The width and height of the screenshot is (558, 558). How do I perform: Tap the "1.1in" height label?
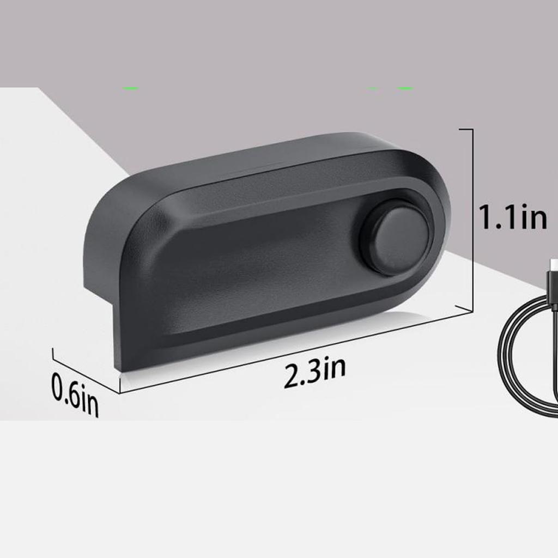(512, 217)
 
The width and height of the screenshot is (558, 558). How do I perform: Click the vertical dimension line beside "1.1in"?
(471, 218)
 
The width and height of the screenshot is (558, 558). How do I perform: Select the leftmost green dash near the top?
(131, 88)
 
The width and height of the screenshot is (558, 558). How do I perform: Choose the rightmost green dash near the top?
(405, 88)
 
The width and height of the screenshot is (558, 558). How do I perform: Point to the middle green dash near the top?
(373, 88)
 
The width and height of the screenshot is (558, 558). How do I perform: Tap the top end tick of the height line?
(466, 129)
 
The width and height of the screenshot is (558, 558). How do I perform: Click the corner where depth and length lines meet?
(119, 392)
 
